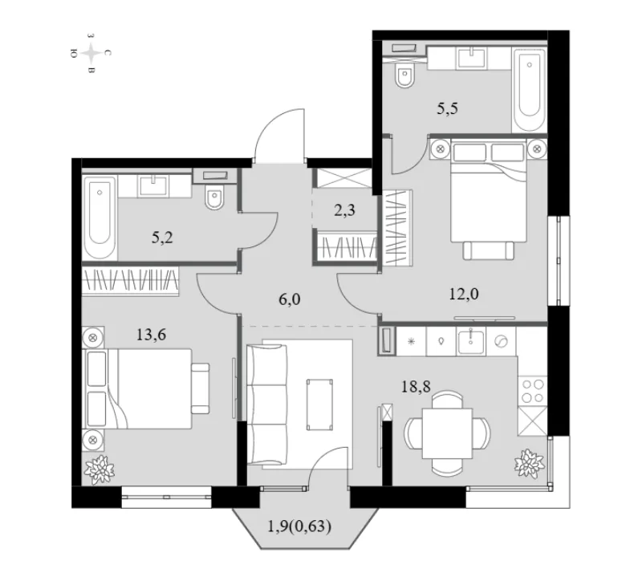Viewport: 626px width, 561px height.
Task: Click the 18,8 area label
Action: tap(416, 387)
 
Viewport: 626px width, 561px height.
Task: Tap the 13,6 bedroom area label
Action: tap(151, 335)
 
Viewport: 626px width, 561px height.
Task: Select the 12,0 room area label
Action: tap(464, 295)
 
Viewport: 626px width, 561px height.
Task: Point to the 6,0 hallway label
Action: tap(290, 299)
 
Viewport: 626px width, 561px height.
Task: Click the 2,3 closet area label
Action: tap(344, 210)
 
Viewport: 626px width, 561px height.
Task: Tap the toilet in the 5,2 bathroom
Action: tap(214, 197)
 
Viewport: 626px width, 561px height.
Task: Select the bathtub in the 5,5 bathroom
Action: tap(530, 89)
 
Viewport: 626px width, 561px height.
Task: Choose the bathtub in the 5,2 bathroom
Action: tap(100, 217)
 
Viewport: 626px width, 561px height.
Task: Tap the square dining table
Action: tap(447, 433)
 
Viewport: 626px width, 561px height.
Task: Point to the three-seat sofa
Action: tap(266, 404)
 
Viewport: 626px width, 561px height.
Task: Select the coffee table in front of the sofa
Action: tap(319, 404)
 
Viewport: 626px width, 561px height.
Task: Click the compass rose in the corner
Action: tap(91, 53)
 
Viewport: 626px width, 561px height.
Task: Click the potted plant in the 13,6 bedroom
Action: tap(99, 470)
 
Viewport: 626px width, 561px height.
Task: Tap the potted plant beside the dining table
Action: tap(529, 462)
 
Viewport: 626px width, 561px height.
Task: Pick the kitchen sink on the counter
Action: tap(471, 341)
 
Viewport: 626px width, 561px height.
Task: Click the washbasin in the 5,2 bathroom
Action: tap(153, 185)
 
